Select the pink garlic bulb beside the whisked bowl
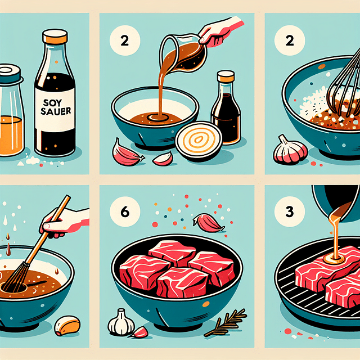point(290,150)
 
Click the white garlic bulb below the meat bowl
point(121,322)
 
